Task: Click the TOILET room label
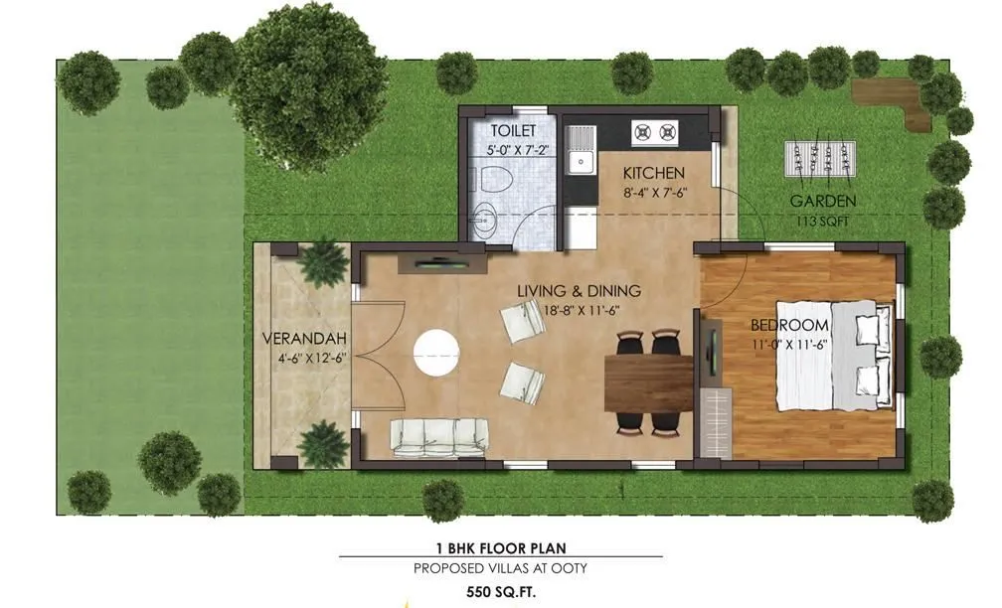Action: tap(512, 131)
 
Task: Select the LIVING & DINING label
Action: tap(579, 291)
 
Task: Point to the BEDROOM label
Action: tap(789, 326)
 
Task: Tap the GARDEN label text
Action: tap(822, 201)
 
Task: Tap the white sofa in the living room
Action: tap(439, 436)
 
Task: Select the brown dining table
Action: tap(648, 381)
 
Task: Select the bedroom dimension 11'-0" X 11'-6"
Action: tap(789, 345)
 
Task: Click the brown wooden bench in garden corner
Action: tap(896, 99)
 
